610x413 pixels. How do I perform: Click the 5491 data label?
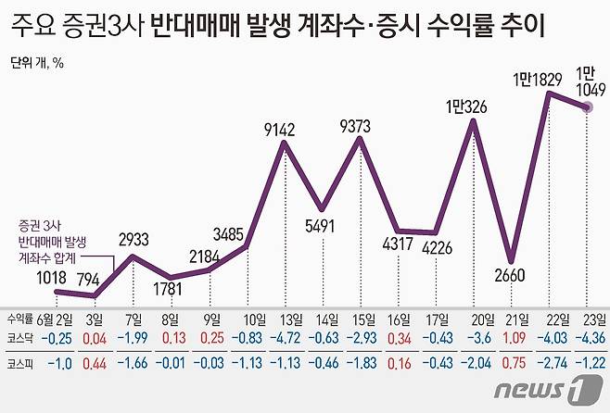(322, 223)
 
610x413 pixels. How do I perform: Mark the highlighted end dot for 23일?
(589, 108)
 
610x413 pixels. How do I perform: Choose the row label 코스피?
(20, 365)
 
